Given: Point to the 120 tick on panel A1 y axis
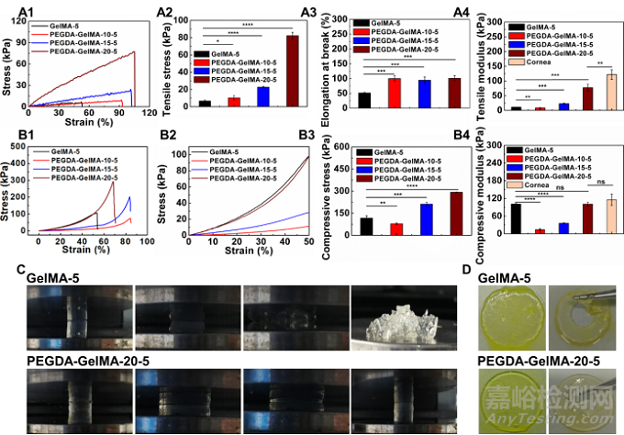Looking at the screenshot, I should pos(18,17).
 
